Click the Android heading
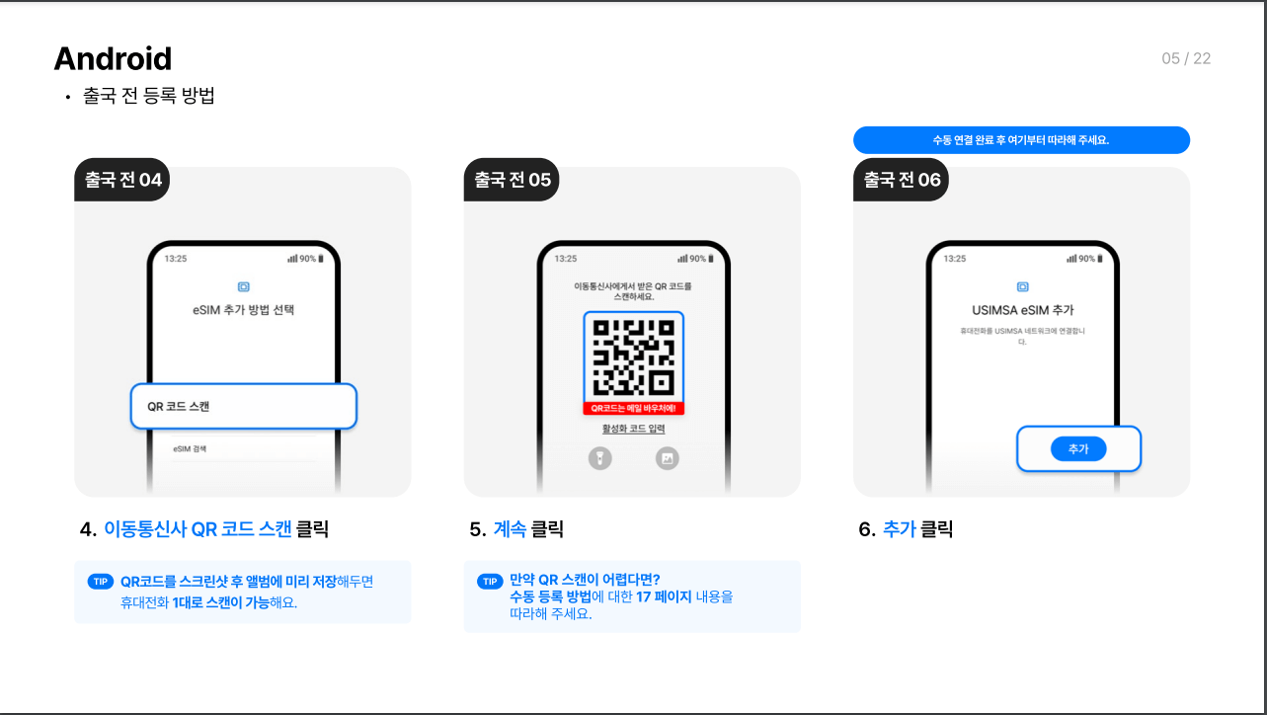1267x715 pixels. coord(113,59)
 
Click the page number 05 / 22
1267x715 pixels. coord(1186,58)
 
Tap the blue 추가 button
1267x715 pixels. coord(1078,448)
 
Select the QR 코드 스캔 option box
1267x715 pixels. coord(243,406)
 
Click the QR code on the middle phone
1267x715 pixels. coord(634,357)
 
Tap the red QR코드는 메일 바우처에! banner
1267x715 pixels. coord(634,409)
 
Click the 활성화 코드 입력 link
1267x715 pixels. coord(634,429)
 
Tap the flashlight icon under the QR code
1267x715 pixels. coord(600,458)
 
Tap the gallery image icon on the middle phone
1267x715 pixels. coord(668,458)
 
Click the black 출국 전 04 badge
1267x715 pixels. coord(122,180)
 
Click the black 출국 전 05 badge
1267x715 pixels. coord(512,180)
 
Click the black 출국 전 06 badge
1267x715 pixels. coord(901,180)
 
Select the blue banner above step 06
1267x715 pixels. coord(1021,139)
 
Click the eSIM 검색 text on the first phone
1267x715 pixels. coord(190,448)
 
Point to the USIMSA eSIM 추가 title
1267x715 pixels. coord(1023,310)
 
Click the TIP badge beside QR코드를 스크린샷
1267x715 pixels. coord(101,582)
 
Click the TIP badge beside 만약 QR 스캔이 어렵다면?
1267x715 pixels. coord(490,581)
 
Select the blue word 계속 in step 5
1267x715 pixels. coord(510,529)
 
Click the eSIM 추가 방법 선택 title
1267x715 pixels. coord(243,310)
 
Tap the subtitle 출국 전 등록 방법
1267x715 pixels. coord(149,95)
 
